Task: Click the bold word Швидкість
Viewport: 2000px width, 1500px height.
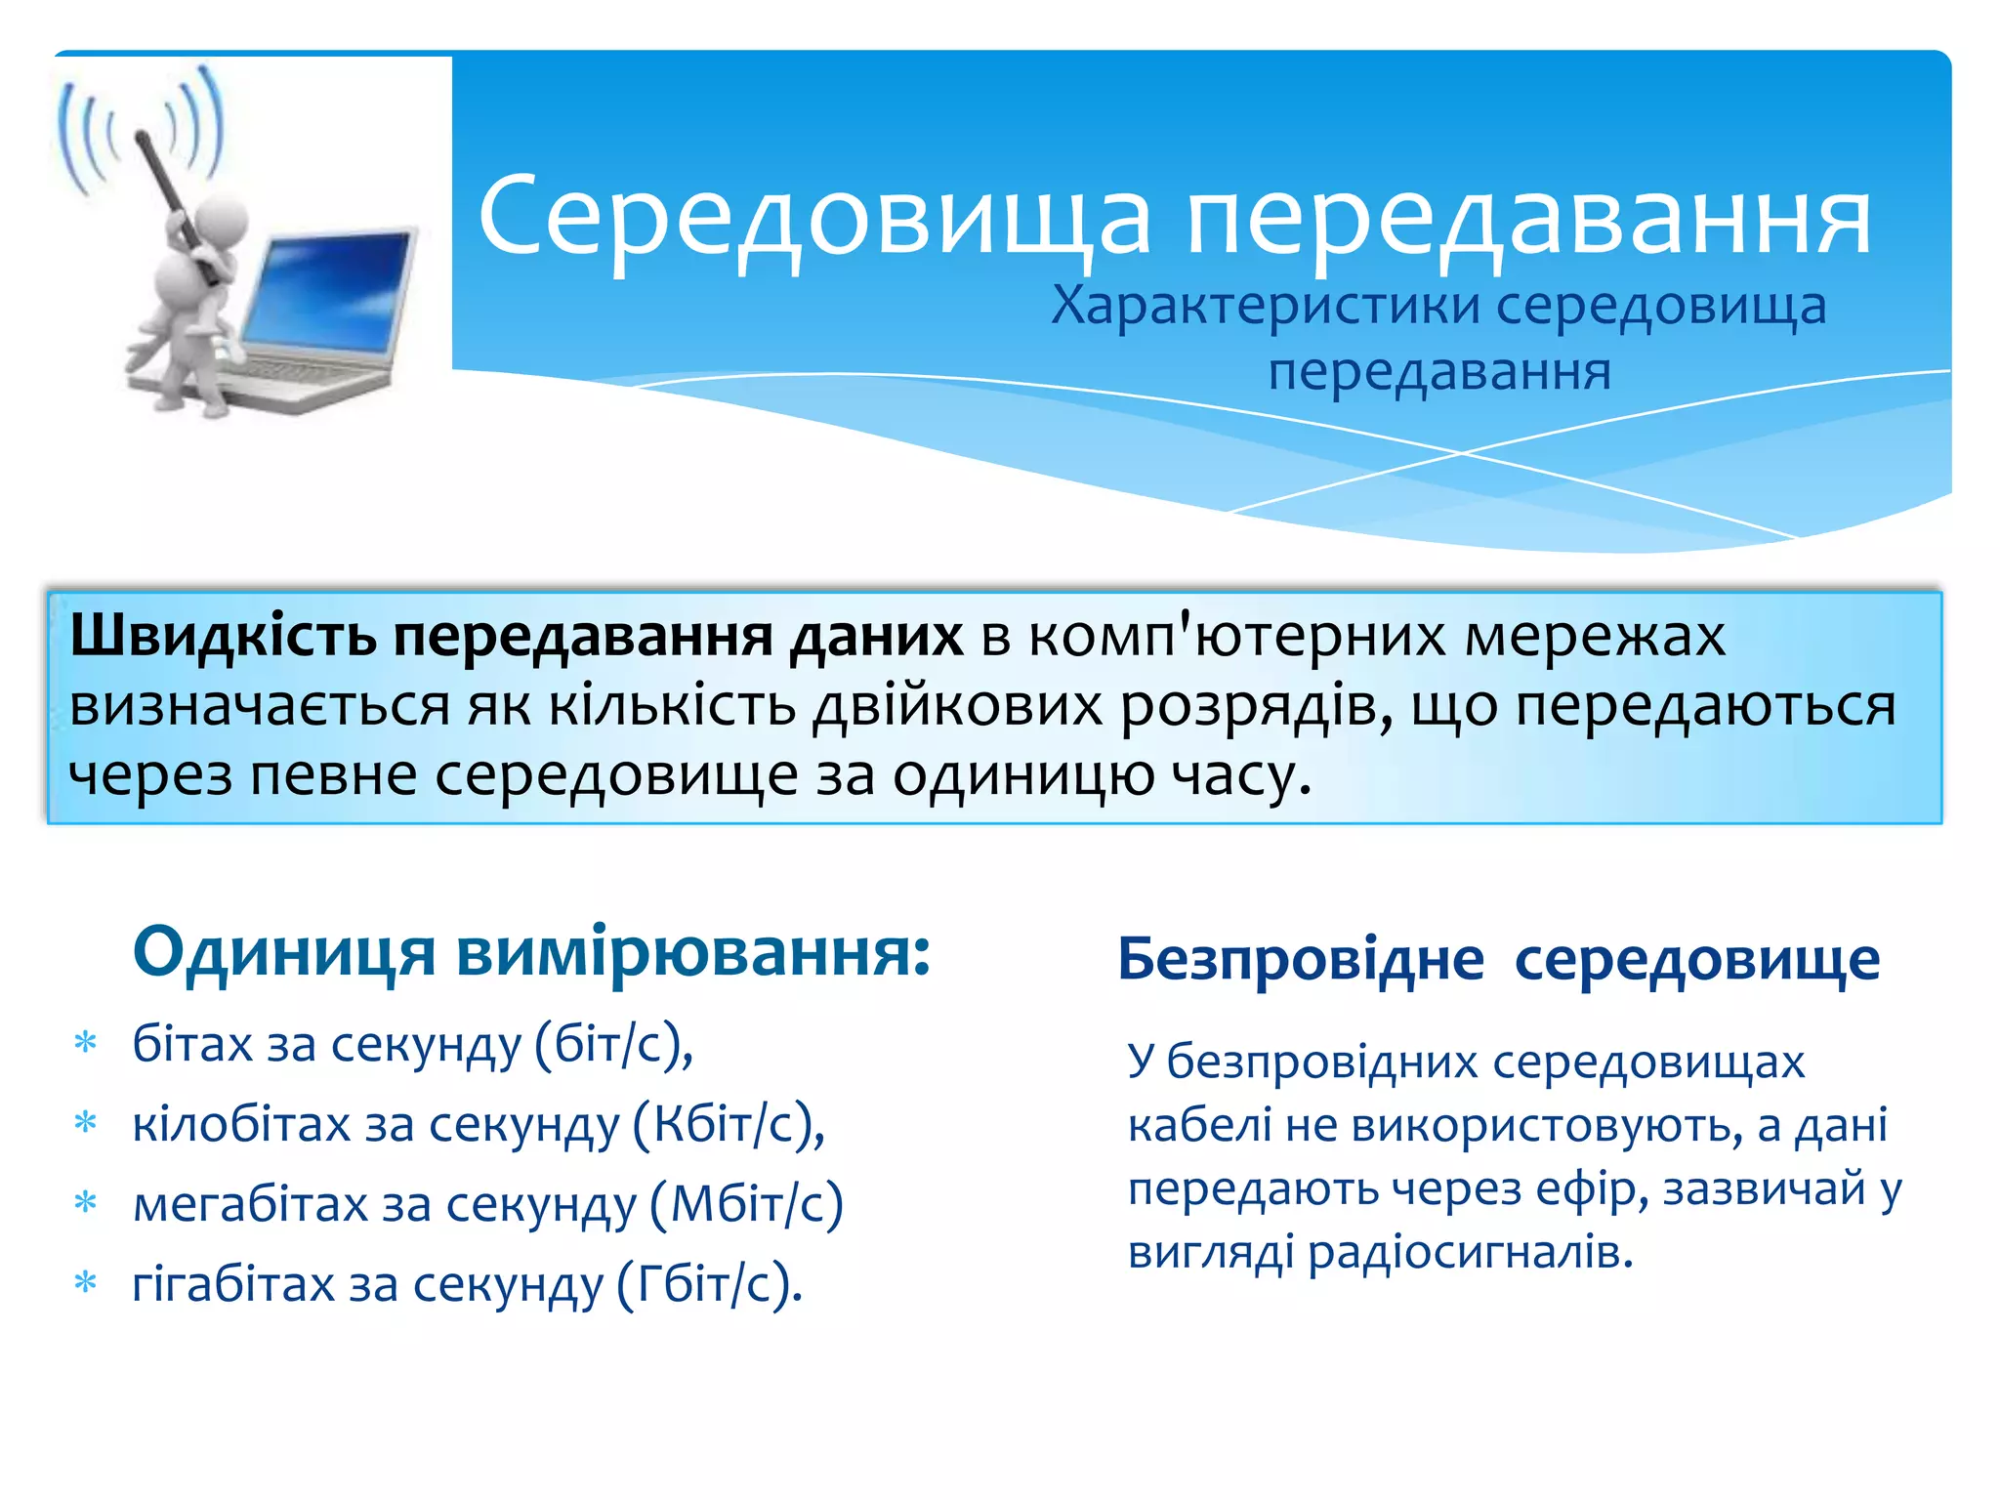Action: [224, 637]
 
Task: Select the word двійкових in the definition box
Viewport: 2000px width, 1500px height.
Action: [958, 707]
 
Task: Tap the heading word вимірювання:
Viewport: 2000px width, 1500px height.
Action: [693, 952]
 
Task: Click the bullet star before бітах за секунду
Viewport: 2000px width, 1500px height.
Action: [86, 1044]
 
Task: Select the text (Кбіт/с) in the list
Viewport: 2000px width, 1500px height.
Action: [729, 1124]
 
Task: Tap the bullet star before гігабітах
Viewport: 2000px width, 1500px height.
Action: [86, 1282]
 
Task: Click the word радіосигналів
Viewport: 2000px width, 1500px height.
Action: [1470, 1252]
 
